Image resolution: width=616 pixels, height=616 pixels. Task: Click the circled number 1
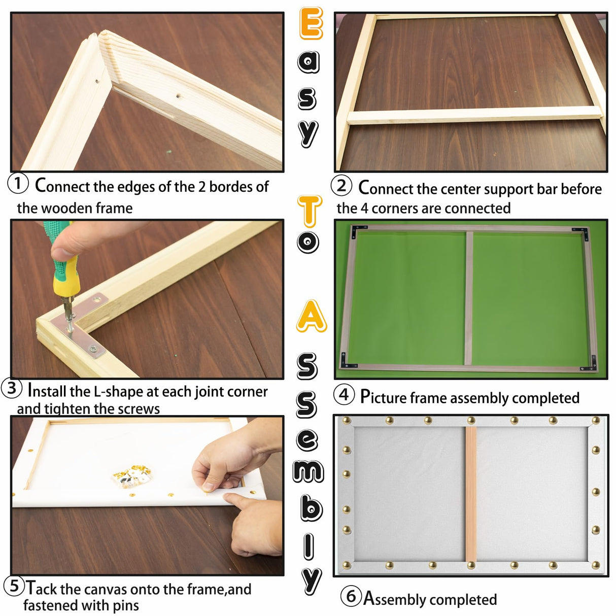click(18, 183)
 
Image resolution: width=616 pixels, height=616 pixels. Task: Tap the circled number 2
click(341, 186)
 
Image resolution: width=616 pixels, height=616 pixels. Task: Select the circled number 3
click(12, 389)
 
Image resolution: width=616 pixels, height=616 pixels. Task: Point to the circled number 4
click(344, 394)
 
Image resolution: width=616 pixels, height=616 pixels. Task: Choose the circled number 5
click(14, 586)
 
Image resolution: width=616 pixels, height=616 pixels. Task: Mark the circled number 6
click(351, 596)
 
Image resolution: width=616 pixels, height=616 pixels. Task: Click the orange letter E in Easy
click(311, 23)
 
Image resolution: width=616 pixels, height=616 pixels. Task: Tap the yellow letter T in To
click(309, 211)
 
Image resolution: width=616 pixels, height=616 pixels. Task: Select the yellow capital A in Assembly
click(311, 317)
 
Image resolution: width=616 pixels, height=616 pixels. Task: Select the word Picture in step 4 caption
click(383, 397)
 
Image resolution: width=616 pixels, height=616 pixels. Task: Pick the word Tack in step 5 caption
click(41, 589)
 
